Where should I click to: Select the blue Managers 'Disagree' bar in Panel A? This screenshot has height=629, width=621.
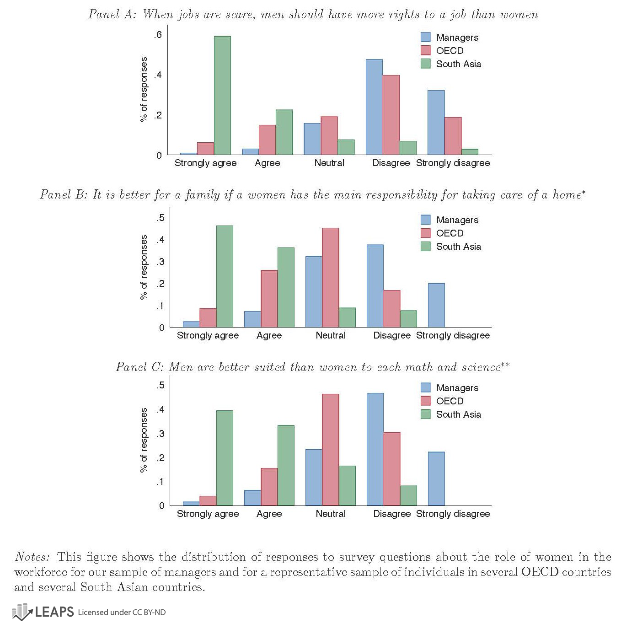pos(374,107)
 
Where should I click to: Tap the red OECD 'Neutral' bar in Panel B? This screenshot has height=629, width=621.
pos(331,278)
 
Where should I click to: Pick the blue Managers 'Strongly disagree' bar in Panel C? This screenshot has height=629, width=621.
pos(436,478)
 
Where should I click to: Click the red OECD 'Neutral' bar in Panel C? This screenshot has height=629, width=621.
pos(331,450)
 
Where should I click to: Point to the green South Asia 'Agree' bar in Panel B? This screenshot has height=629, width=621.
pos(286,287)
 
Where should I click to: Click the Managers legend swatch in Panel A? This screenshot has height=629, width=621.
pos(425,37)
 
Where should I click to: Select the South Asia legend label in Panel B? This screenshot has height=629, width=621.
pos(458,247)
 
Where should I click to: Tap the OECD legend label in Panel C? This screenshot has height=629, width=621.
pos(450,401)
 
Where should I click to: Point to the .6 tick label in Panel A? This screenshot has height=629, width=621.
pos(158,35)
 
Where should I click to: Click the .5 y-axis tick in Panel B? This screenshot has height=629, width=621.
pos(160,218)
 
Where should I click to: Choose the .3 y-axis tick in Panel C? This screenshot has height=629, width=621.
pos(160,434)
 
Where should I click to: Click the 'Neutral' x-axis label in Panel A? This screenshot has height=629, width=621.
pos(329,163)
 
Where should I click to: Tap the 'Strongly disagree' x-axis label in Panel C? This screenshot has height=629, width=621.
pos(453,514)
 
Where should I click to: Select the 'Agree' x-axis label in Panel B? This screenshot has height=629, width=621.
pos(269,335)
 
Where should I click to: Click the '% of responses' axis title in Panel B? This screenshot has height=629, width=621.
pos(144,268)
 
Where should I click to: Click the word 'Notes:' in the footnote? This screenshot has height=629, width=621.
pos(32,557)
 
